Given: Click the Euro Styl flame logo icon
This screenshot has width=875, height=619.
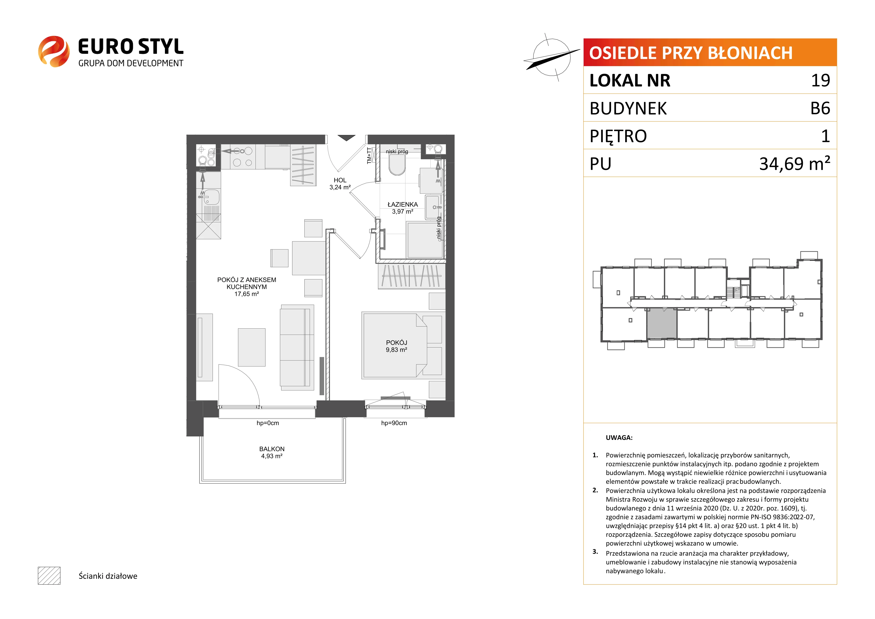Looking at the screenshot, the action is [x=54, y=51].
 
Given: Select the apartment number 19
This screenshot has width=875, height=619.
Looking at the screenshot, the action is [x=821, y=80].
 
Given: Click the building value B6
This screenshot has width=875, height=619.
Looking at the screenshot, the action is [x=820, y=108].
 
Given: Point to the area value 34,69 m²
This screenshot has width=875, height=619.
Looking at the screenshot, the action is [x=795, y=163].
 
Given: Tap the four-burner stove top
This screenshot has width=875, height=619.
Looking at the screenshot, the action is [x=243, y=157].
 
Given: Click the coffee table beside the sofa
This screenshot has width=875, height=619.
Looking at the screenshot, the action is [x=251, y=347].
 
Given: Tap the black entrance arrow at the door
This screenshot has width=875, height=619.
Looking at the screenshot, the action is [x=346, y=138].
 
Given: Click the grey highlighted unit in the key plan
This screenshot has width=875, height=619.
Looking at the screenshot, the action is [x=662, y=323].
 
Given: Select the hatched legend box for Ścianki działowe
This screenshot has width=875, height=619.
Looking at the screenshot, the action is [x=49, y=576].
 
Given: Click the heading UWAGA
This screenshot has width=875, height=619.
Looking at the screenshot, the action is [x=619, y=438].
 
